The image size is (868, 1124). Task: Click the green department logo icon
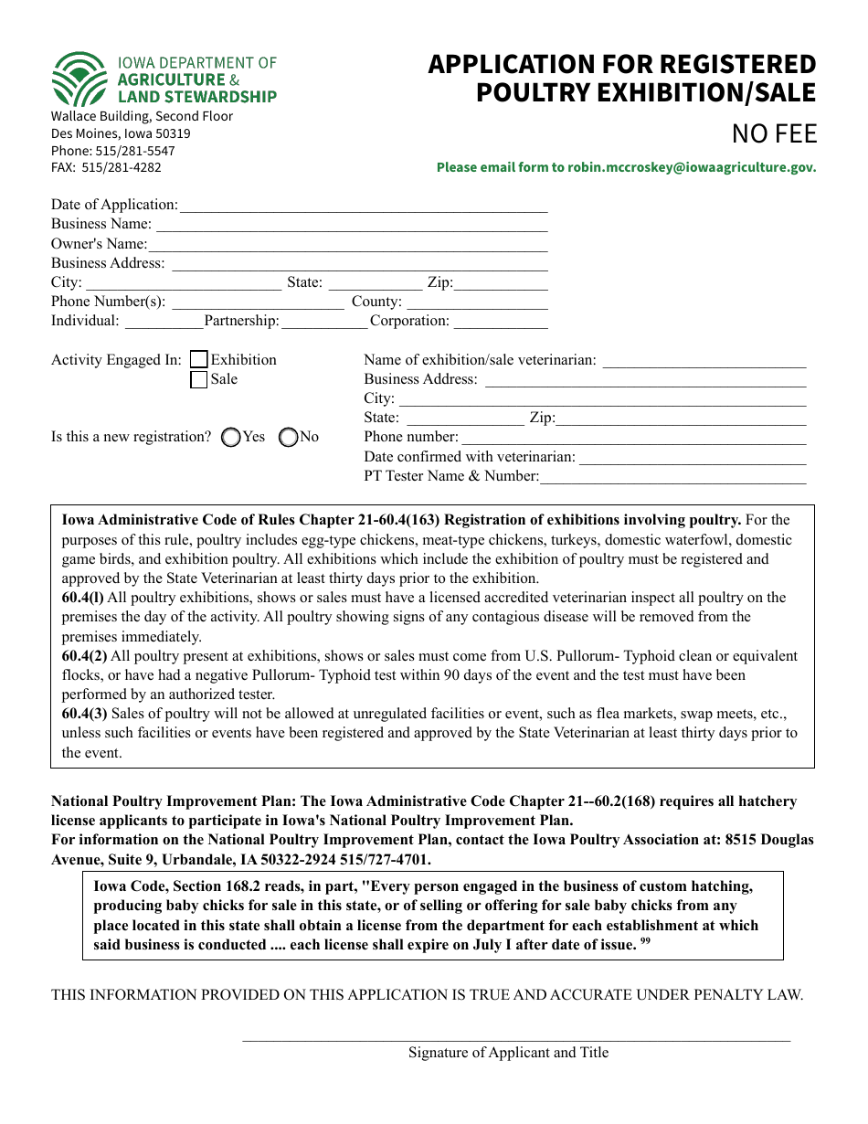tap(79, 80)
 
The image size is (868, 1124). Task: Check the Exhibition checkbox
tap(198, 360)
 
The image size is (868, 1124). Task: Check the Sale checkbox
tap(198, 380)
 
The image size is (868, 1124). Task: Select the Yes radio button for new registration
tap(231, 438)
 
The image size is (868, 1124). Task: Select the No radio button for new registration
tap(288, 438)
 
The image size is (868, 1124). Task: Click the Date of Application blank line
tap(363, 206)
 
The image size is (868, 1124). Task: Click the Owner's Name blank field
tap(347, 245)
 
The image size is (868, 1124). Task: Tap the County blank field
tap(476, 302)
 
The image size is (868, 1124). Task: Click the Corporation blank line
tap(500, 322)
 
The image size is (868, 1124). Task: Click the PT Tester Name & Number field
tap(672, 477)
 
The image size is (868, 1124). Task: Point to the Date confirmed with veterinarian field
tap(692, 458)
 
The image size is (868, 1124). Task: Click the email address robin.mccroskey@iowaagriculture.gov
tap(691, 167)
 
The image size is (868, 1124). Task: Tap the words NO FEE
tap(774, 134)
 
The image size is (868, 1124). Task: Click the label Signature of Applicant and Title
tap(508, 1053)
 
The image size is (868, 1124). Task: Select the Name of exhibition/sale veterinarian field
tap(704, 361)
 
